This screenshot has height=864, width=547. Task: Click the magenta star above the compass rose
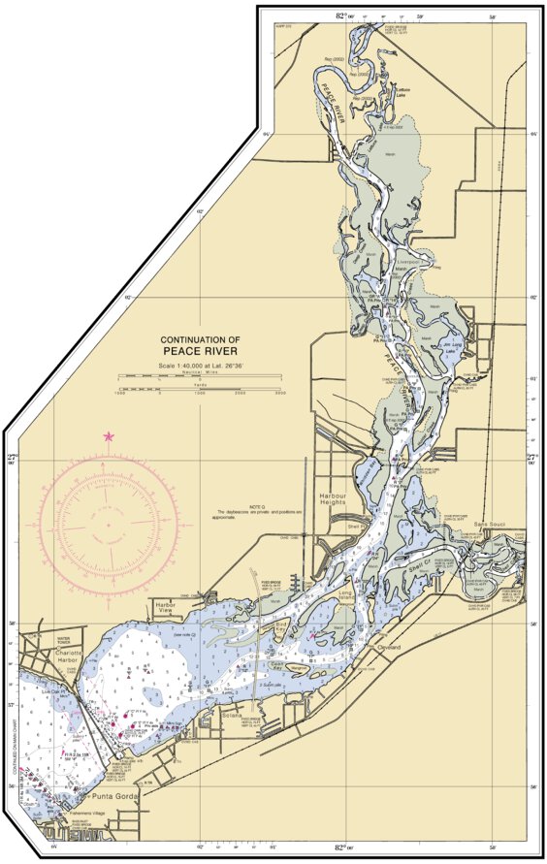click(109, 437)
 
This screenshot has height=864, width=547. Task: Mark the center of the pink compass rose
click(108, 526)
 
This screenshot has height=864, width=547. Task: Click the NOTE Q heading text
click(256, 505)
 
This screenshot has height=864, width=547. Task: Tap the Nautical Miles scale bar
click(200, 375)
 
